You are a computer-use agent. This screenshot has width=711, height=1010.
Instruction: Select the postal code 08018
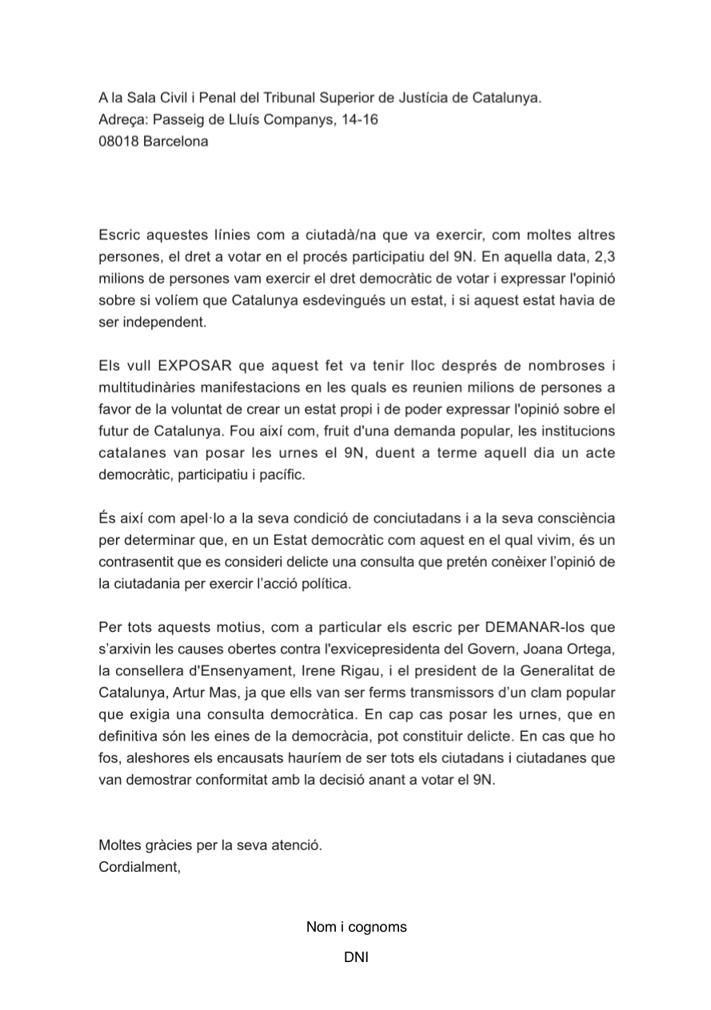(118, 141)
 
